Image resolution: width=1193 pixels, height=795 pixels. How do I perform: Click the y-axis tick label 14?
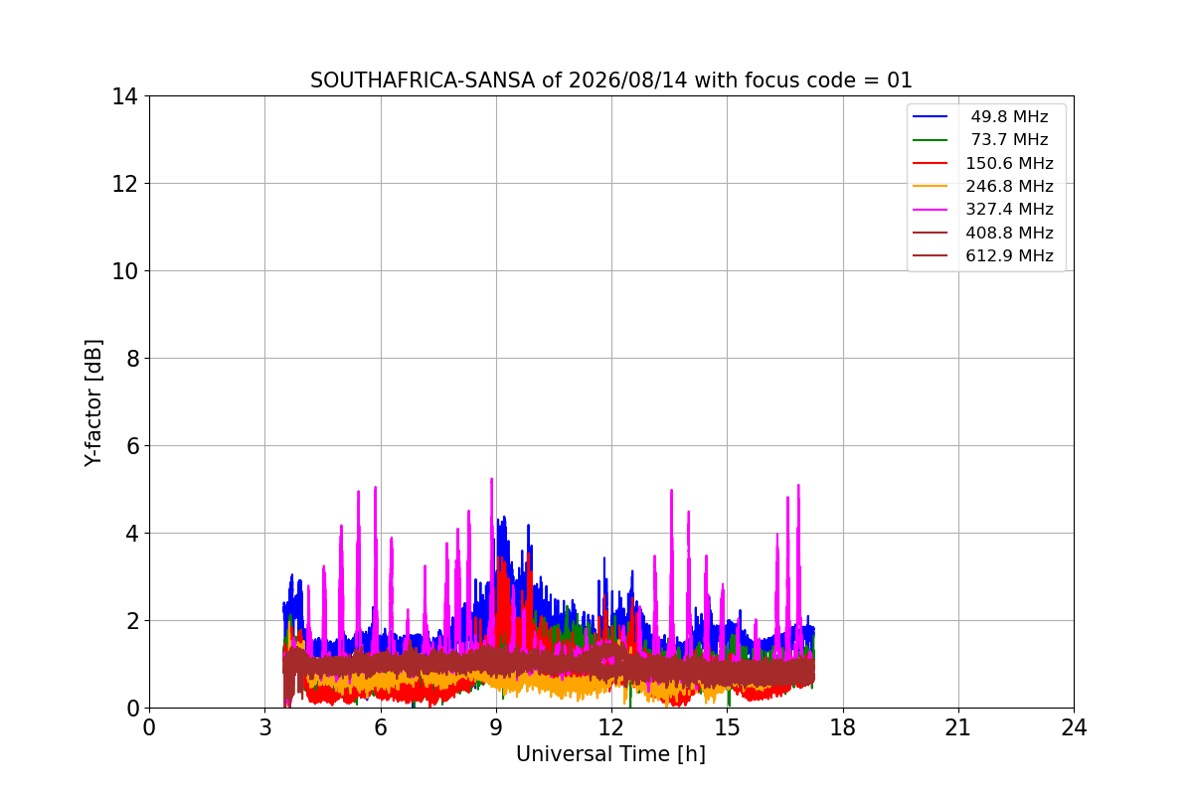coord(124,97)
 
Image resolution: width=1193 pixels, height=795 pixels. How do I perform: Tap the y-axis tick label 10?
coord(124,271)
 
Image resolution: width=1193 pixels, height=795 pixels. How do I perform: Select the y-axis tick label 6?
coord(132,446)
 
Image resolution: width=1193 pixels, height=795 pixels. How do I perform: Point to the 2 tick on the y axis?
coord(132,621)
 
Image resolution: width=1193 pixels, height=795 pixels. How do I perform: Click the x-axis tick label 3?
coord(265,727)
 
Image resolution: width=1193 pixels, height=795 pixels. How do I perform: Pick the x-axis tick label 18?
coord(843,727)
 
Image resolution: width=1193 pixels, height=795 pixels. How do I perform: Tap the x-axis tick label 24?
coord(1075,727)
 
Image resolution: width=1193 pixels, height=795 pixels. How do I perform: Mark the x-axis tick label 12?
coord(611,727)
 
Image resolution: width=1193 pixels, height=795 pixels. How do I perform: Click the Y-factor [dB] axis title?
coord(93,403)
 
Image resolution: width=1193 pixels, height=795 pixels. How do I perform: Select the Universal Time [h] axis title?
coord(610,754)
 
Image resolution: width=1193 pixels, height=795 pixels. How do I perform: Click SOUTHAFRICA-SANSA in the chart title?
coord(423,80)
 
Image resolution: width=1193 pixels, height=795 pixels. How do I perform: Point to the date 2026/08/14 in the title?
coord(628,80)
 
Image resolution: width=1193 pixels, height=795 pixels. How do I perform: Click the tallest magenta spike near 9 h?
coord(491,479)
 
